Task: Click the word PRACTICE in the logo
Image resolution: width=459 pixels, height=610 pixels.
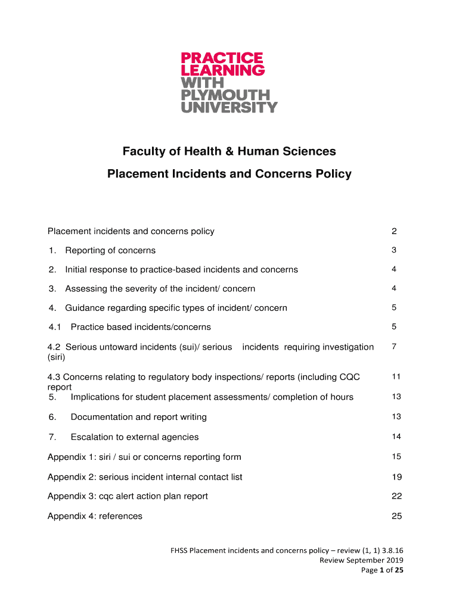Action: pyautogui.click(x=222, y=58)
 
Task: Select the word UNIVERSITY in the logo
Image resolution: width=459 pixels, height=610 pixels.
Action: pyautogui.click(x=229, y=108)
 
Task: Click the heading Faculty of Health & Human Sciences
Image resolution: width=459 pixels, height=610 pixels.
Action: pyautogui.click(x=229, y=152)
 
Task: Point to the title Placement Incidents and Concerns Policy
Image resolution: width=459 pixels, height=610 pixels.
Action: pyautogui.click(x=229, y=174)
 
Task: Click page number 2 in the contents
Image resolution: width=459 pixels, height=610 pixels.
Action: pyautogui.click(x=394, y=231)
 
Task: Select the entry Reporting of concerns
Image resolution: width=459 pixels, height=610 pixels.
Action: pyautogui.click(x=110, y=250)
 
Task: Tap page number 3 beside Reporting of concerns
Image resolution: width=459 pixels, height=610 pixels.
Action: pyautogui.click(x=394, y=250)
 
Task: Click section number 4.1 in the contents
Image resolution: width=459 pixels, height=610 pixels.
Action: pyautogui.click(x=55, y=327)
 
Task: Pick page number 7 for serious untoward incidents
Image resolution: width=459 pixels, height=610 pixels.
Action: pyautogui.click(x=394, y=347)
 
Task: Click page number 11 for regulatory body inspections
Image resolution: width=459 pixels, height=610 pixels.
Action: pyautogui.click(x=396, y=376)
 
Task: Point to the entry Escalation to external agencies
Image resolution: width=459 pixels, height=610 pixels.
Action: pyautogui.click(x=135, y=437)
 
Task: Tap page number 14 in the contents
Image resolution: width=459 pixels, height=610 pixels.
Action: pyautogui.click(x=396, y=437)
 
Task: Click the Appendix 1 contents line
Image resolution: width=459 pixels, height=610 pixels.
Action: pyautogui.click(x=144, y=457)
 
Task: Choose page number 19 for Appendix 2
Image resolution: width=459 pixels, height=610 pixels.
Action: pyautogui.click(x=396, y=477)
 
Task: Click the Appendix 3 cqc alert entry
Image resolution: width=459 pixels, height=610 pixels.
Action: pyautogui.click(x=128, y=496)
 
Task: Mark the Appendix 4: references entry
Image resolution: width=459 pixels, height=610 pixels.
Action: pyautogui.click(x=95, y=516)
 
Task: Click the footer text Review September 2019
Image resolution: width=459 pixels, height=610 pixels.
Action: pyautogui.click(x=362, y=561)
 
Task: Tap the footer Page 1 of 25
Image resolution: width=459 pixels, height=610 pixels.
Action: pyautogui.click(x=383, y=571)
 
